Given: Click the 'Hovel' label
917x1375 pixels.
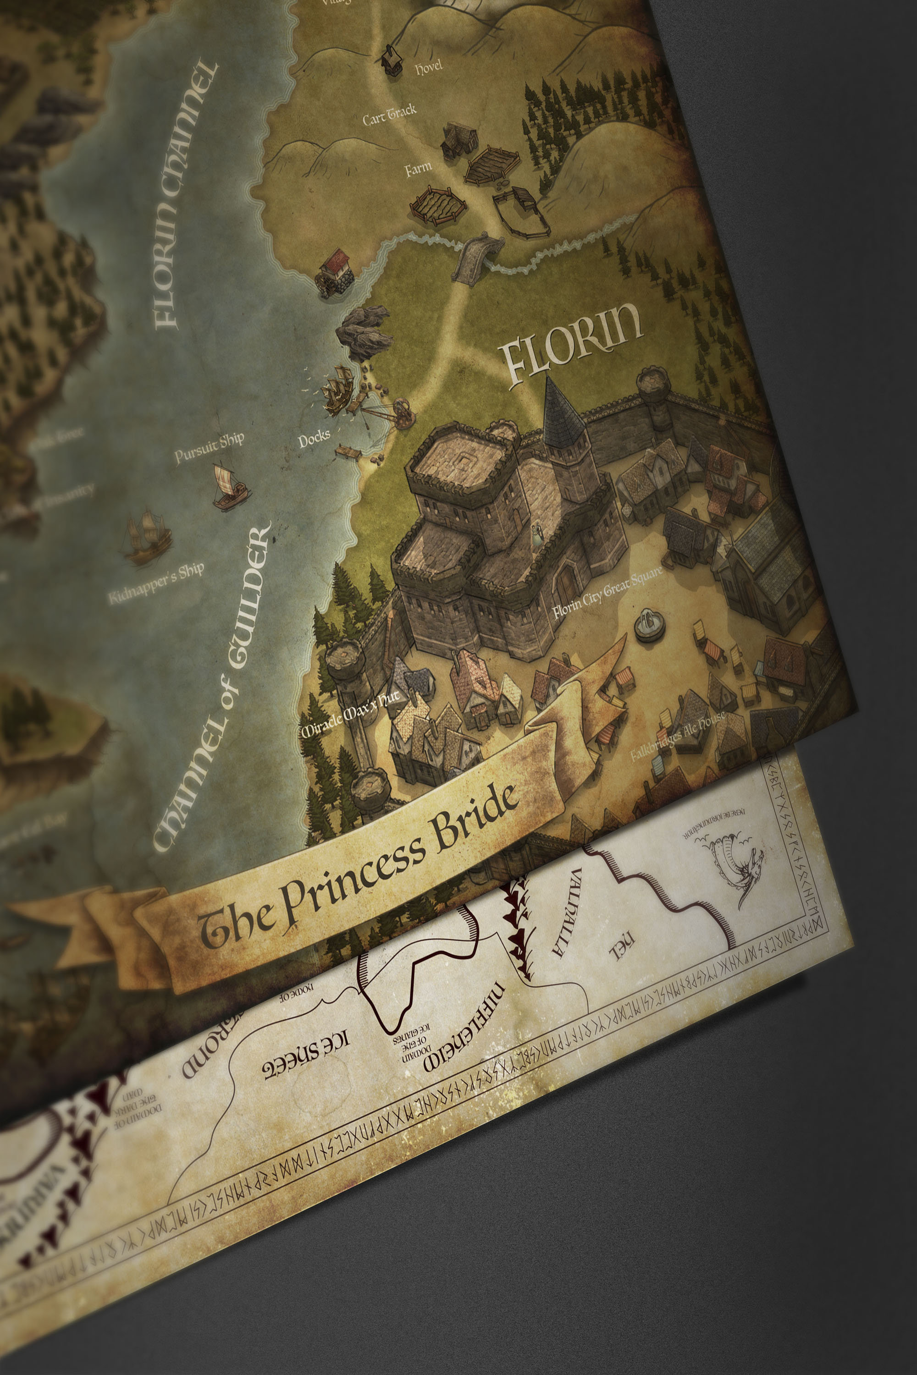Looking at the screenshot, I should pyautogui.click(x=428, y=67).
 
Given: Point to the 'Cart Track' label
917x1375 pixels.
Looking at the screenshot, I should pyautogui.click(x=389, y=115).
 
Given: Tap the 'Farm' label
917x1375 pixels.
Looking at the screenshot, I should pyautogui.click(x=419, y=170).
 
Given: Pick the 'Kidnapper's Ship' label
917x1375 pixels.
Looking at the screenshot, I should pyautogui.click(x=156, y=583).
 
